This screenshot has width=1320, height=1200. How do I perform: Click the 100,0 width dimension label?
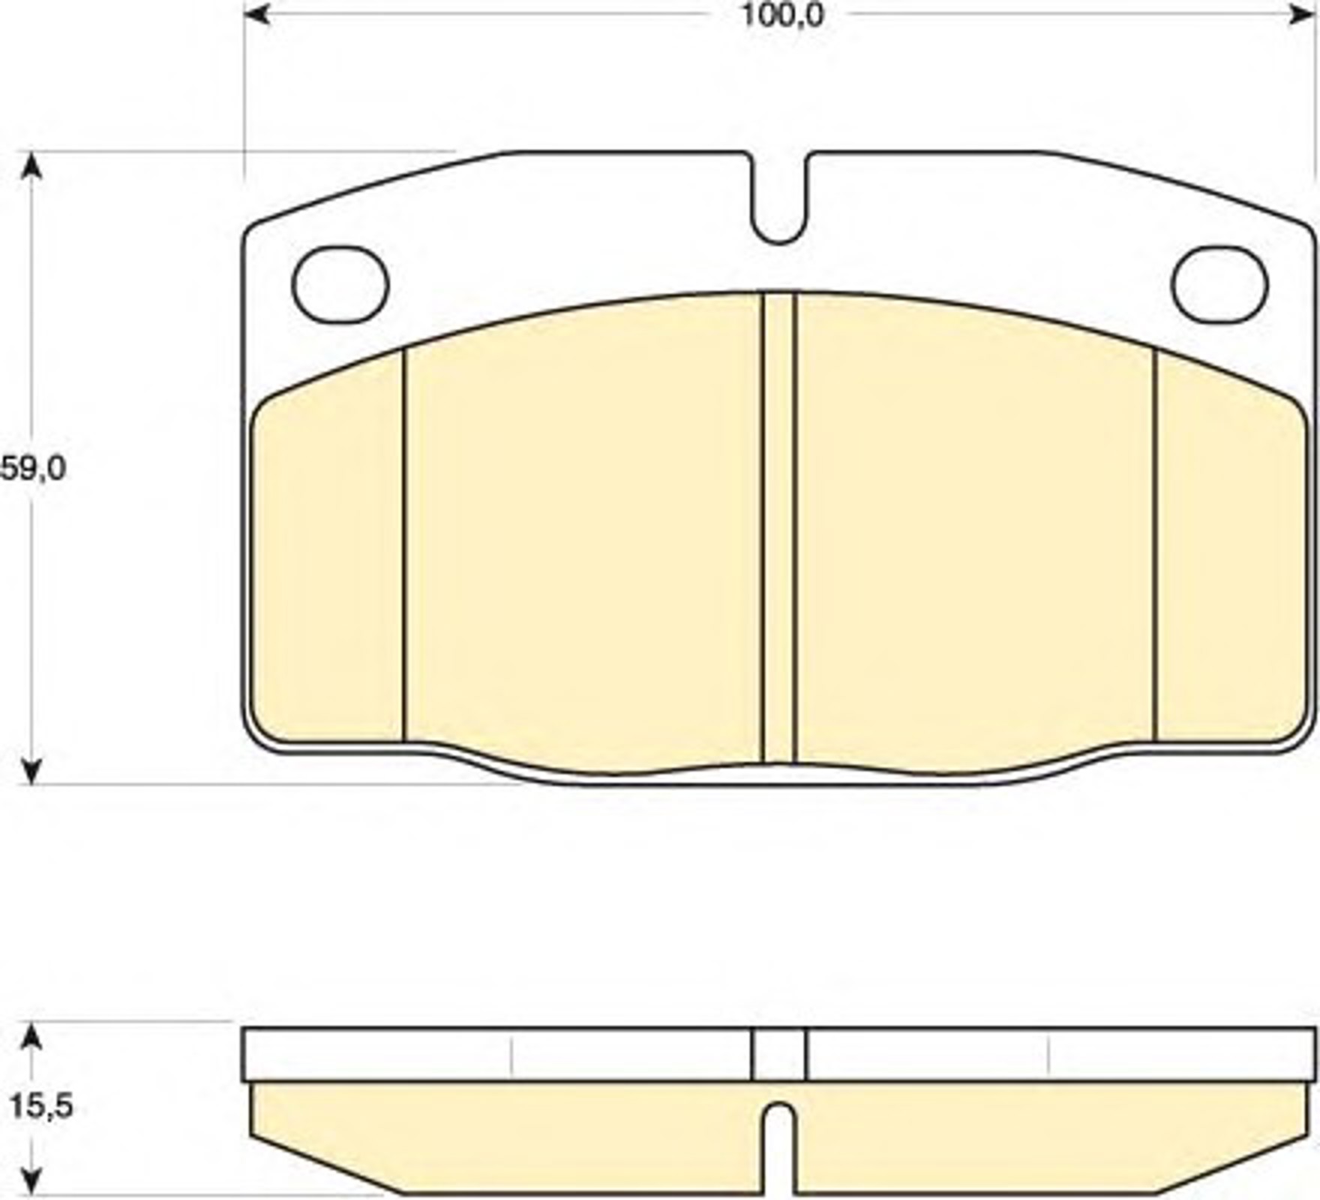[782, 15]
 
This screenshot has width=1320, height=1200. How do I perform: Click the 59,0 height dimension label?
[34, 469]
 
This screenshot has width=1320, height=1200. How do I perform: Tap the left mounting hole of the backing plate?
[340, 284]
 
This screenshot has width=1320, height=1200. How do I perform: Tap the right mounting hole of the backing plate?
[1219, 284]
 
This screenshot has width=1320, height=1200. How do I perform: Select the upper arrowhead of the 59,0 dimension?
[31, 166]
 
